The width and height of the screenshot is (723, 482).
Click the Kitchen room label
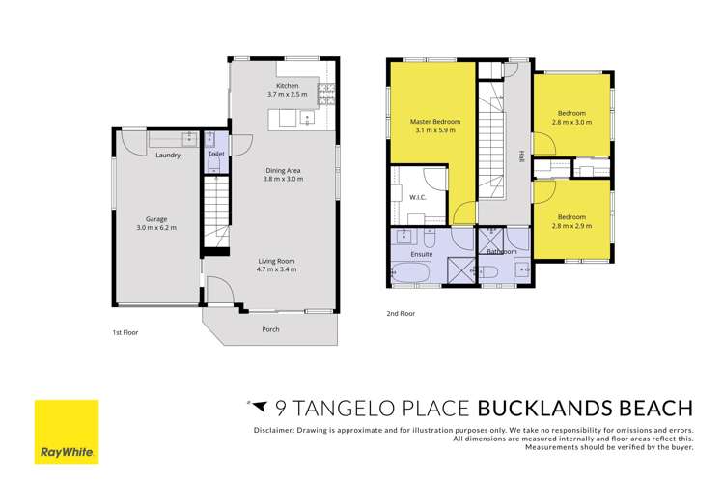click(x=287, y=86)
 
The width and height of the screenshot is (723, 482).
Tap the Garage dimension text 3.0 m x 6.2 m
click(x=156, y=228)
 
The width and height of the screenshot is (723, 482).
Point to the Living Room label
click(x=276, y=260)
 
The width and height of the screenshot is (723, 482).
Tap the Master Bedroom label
click(x=435, y=121)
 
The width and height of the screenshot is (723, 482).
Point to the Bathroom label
click(x=501, y=252)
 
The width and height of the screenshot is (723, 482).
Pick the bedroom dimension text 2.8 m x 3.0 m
click(x=570, y=123)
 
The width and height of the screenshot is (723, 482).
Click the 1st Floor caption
click(x=125, y=332)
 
